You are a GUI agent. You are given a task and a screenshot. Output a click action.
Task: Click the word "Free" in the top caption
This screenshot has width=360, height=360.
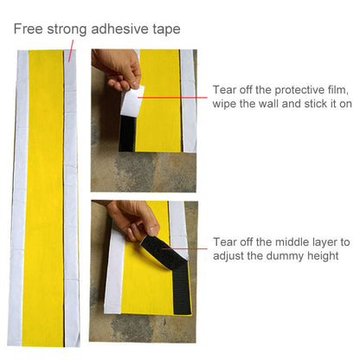(28, 29)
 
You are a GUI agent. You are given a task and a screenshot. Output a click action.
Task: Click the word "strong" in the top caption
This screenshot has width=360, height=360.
(67, 29)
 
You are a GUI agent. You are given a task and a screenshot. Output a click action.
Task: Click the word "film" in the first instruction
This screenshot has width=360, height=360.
(337, 90)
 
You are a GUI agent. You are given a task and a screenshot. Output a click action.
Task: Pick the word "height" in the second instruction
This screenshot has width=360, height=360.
(323, 256)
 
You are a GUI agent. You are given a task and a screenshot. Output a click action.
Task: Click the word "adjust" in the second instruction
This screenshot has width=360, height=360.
(228, 256)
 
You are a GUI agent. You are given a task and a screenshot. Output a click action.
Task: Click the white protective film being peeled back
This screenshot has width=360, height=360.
(132, 101)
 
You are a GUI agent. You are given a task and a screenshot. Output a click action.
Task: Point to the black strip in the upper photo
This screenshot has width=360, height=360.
(127, 134)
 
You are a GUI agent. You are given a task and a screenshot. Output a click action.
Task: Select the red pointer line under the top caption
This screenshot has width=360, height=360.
(71, 51)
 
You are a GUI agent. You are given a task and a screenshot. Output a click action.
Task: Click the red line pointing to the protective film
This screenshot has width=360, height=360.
(172, 98)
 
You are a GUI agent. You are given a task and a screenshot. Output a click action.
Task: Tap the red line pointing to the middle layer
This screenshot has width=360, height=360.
(184, 248)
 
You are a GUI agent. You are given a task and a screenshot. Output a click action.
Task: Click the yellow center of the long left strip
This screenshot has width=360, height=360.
(44, 198)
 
